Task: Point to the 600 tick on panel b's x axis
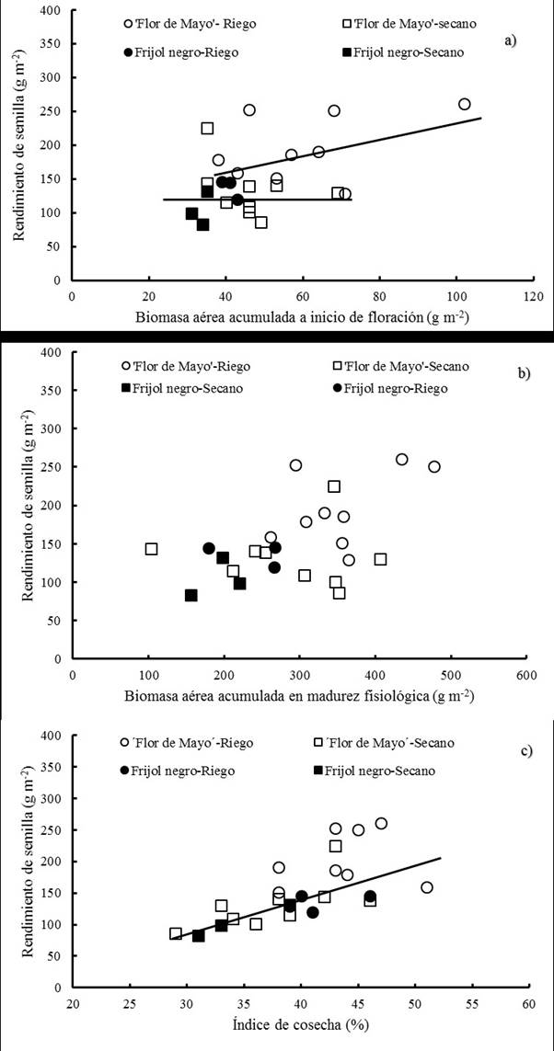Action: [525, 675]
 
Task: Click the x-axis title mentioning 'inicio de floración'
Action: [300, 319]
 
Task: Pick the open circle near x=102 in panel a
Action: [464, 104]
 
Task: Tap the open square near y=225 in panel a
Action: [207, 129]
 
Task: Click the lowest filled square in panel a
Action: [202, 224]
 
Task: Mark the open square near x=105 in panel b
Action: [151, 549]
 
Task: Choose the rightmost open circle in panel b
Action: [434, 466]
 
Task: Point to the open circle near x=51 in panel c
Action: [426, 887]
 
